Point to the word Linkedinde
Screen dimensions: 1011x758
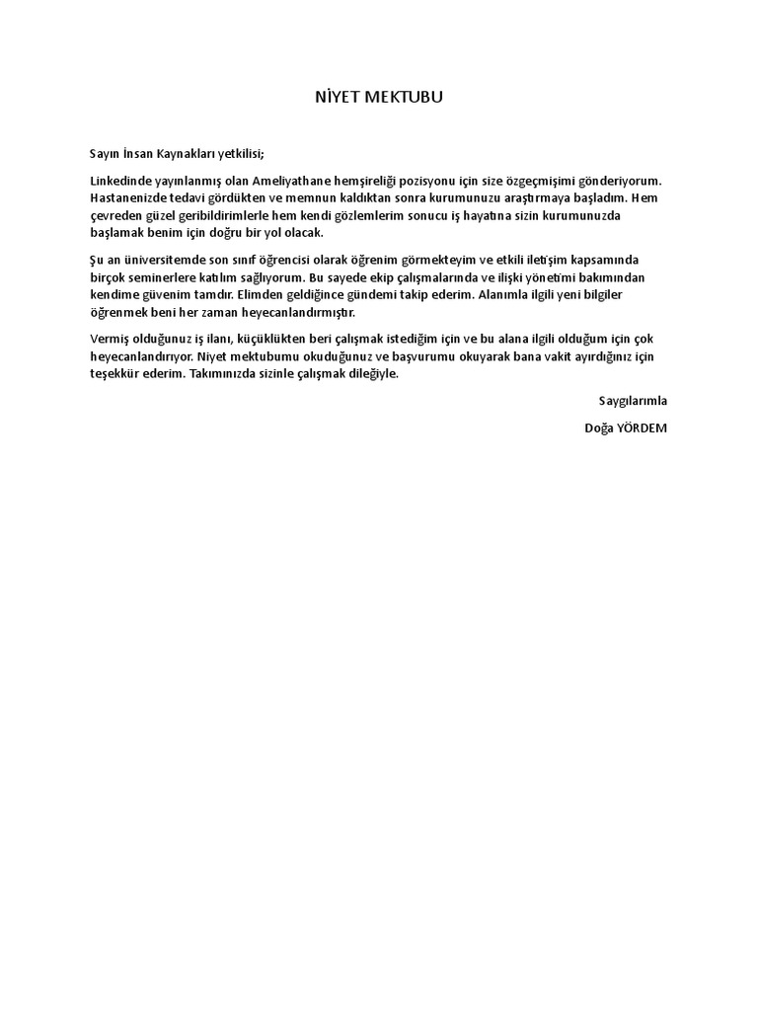(120, 181)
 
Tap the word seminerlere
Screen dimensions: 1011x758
(158, 277)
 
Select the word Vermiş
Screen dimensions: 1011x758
(109, 340)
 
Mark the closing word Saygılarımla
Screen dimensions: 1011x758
(634, 401)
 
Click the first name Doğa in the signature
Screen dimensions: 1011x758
(597, 428)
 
